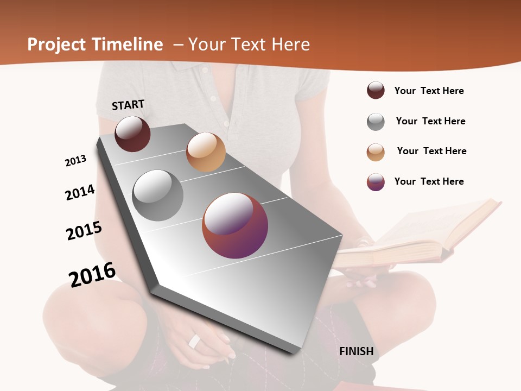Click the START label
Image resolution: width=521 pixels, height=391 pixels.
coord(128,105)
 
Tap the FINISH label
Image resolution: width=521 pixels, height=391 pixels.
coord(357,351)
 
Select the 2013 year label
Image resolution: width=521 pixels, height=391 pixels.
coord(76,161)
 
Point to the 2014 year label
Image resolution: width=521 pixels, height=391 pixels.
coord(80,192)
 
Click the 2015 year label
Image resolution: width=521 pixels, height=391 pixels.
coord(84,231)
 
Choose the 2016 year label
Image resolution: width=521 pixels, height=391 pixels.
coord(92,274)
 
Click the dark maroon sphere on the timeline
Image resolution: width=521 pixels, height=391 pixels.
coord(132,134)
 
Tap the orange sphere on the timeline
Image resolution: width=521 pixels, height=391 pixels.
coord(206,152)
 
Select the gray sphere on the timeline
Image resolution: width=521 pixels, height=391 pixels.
coord(158,195)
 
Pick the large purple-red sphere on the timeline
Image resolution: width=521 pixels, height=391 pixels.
coord(235,225)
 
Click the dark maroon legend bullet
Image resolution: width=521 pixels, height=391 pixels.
coord(376,91)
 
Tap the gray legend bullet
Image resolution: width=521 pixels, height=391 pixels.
coord(376,122)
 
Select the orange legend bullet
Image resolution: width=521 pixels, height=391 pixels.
coord(376,152)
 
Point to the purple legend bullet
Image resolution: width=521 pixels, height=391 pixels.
coord(376,182)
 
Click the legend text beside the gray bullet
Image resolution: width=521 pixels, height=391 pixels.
coord(430,121)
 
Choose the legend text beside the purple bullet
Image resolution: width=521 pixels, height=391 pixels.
coord(429,181)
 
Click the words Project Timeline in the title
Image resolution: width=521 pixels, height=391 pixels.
coord(95,45)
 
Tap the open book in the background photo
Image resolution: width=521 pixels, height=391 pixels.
coord(418,234)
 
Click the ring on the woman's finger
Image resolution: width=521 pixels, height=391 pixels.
coord(194,341)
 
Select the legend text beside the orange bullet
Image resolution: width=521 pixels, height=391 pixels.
coord(431,151)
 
